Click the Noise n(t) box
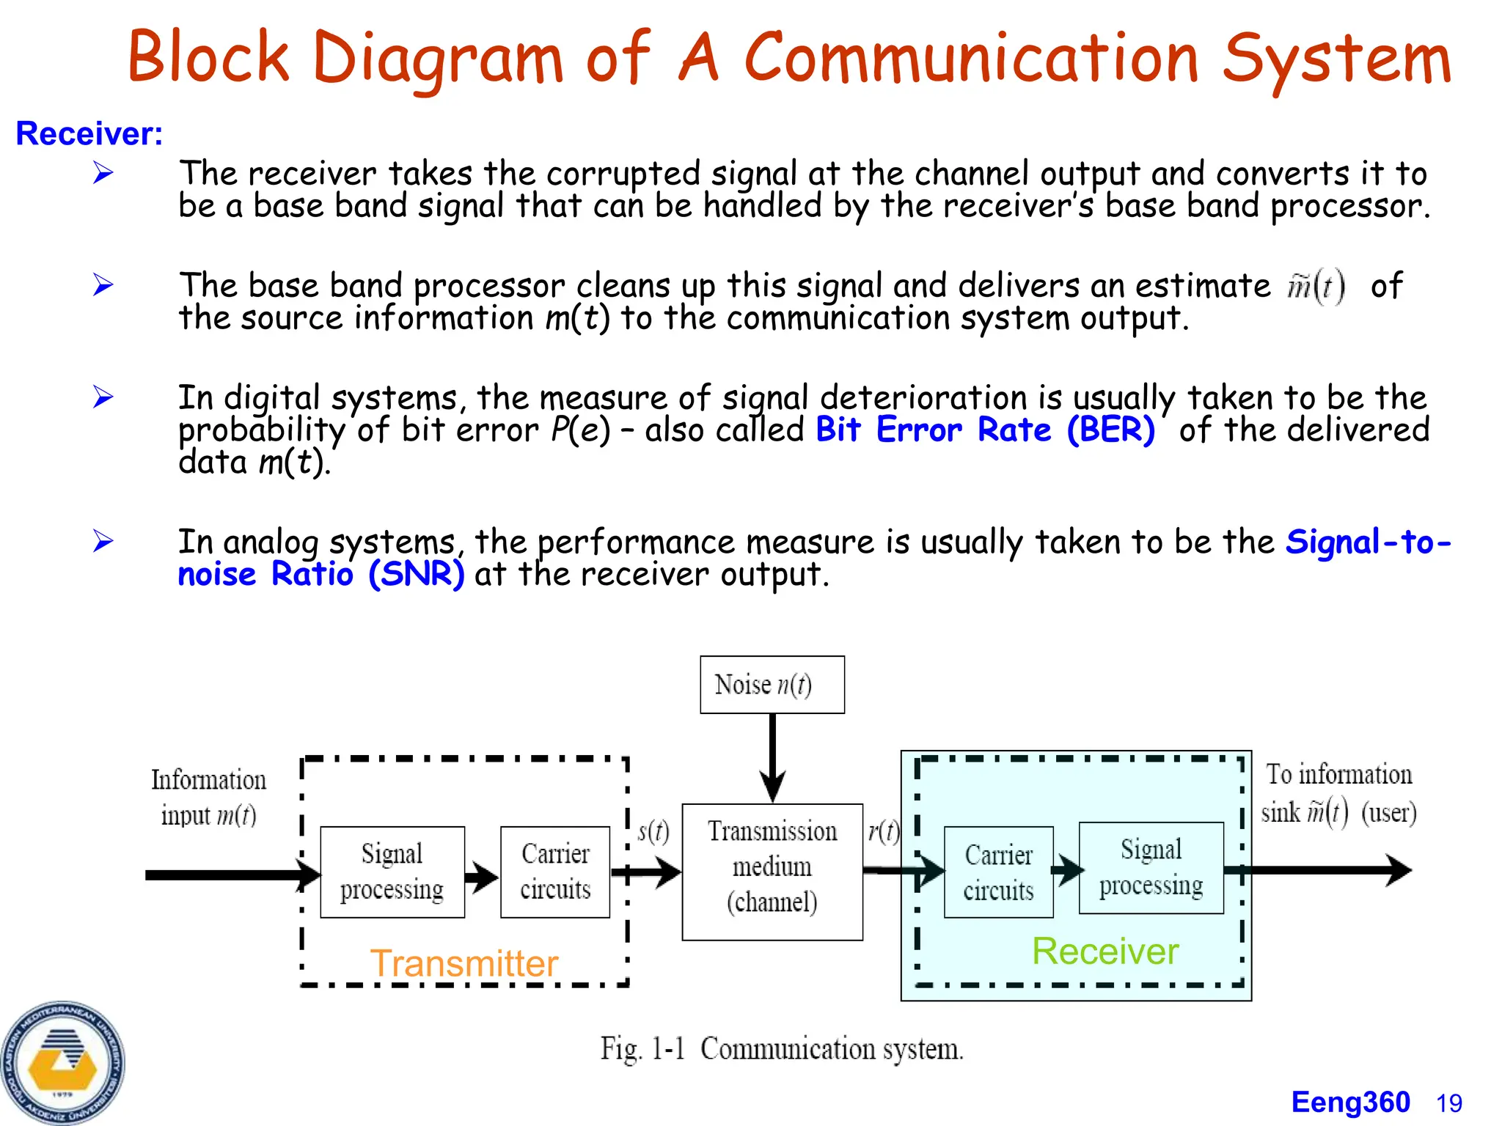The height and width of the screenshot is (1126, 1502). [772, 684]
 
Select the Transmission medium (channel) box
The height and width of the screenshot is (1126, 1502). [772, 871]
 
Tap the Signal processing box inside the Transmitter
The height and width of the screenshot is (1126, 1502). [392, 872]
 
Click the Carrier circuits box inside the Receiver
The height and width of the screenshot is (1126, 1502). [998, 872]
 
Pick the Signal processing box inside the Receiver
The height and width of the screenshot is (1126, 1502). [1151, 868]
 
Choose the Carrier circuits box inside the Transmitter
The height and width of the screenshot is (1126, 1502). [555, 872]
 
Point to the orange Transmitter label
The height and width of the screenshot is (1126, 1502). [464, 963]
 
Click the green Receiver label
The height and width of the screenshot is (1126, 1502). [1104, 951]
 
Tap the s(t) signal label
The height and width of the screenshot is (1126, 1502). [653, 831]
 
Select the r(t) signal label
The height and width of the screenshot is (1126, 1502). [883, 831]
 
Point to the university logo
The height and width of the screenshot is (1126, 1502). [62, 1063]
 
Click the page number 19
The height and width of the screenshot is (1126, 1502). [1449, 1103]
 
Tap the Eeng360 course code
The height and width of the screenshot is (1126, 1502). [1350, 1102]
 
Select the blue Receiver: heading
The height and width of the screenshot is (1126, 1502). [89, 133]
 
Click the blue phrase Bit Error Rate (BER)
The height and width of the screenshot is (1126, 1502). [985, 430]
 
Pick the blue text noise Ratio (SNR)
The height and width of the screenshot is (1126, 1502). [320, 574]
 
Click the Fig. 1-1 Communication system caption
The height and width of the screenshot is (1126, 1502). [782, 1048]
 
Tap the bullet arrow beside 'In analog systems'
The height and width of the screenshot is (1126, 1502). [103, 541]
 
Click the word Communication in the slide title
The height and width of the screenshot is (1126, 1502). [970, 59]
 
